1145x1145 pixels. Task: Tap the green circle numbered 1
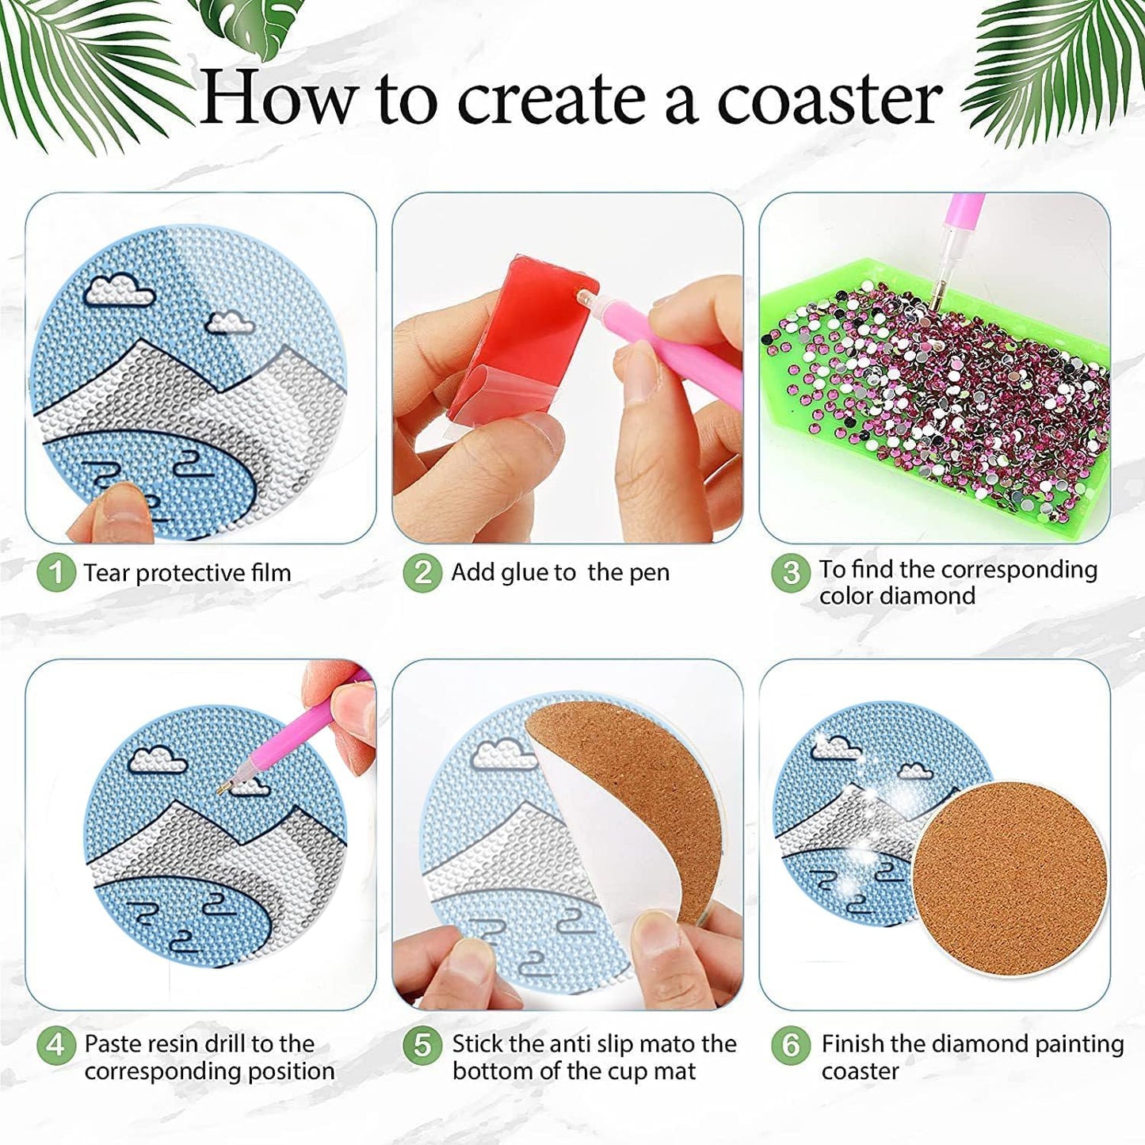[x=55, y=572]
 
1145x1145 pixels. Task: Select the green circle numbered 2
[x=422, y=572]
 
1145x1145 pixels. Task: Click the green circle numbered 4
[x=55, y=1045]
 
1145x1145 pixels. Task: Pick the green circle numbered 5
[x=422, y=1045]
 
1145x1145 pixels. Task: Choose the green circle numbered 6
[x=790, y=1045]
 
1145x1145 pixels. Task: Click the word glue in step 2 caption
[x=525, y=572]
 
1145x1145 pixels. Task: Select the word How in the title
[x=277, y=100]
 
